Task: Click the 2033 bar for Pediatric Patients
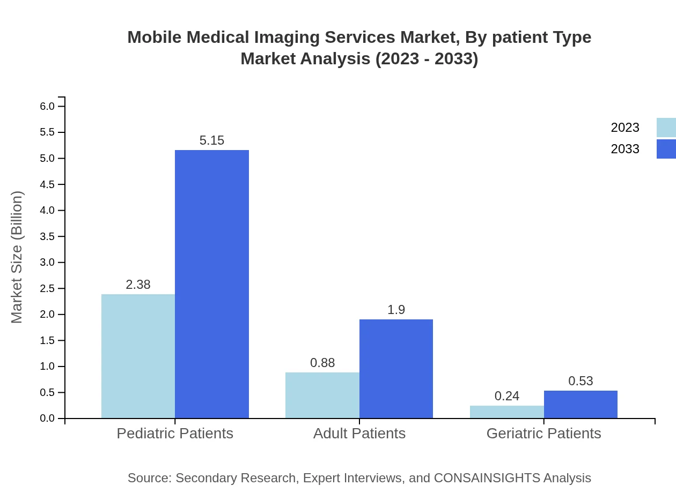(x=212, y=284)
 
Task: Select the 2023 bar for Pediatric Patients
(x=138, y=356)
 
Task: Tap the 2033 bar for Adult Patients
(x=396, y=369)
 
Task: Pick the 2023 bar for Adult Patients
(x=322, y=395)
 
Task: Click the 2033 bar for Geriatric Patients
(x=581, y=404)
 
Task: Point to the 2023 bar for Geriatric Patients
(x=507, y=412)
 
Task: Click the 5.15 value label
(x=212, y=140)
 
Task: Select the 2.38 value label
(x=138, y=285)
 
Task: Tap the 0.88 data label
(x=322, y=363)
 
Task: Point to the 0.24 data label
(x=507, y=396)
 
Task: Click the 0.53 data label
(x=581, y=381)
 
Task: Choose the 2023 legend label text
(x=625, y=128)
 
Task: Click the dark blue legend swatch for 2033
(x=666, y=149)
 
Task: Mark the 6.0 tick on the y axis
(x=48, y=106)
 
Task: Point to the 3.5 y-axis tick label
(x=48, y=236)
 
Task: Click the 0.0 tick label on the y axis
(x=48, y=419)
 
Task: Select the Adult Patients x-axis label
(x=359, y=433)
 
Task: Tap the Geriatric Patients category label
(x=543, y=433)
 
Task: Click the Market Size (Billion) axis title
(x=17, y=257)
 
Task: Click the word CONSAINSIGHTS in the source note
(x=487, y=478)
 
